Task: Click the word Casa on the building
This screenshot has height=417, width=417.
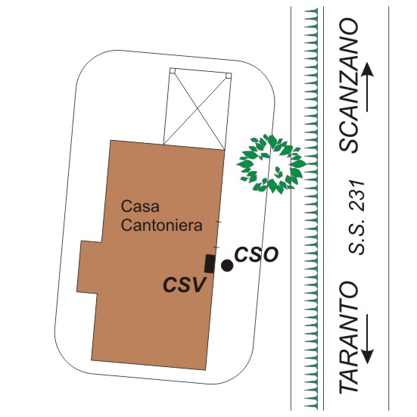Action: [140, 206]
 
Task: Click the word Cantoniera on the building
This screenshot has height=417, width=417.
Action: [162, 225]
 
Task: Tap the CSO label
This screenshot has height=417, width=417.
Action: [257, 254]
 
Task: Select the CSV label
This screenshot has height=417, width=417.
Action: [185, 285]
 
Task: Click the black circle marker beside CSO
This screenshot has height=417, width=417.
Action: [227, 266]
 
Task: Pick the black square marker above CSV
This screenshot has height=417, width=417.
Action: [210, 263]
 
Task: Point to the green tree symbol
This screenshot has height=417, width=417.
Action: [271, 164]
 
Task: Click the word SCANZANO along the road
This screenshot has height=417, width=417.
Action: [349, 85]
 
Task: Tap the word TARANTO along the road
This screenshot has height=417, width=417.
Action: [348, 338]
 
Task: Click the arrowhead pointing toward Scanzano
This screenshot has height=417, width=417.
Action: [367, 70]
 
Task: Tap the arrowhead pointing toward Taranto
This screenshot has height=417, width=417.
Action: [367, 356]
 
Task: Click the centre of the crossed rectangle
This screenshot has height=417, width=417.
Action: [197, 108]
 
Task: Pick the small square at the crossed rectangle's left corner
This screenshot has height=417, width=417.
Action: [173, 70]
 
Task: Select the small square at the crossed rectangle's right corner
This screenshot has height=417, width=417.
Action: [229, 76]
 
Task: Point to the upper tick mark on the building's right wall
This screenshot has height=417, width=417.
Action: [218, 221]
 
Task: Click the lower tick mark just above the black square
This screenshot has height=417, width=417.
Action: [216, 247]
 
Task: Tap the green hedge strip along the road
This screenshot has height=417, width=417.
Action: [311, 209]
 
